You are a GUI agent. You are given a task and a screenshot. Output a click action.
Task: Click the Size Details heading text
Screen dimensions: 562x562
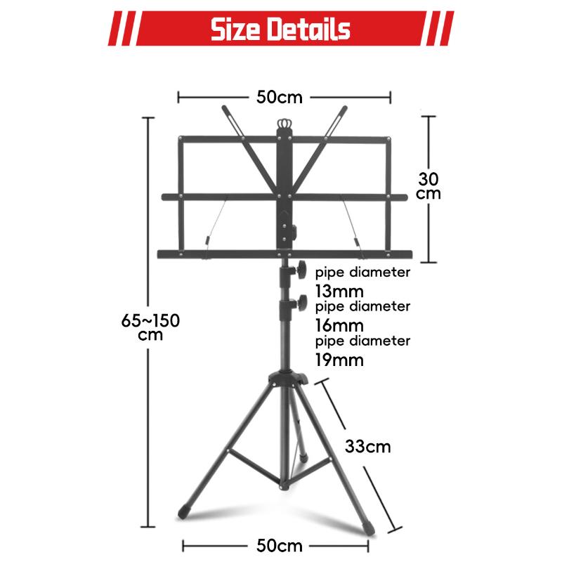point(280,29)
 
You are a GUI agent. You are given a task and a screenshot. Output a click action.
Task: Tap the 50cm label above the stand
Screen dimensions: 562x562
point(279,97)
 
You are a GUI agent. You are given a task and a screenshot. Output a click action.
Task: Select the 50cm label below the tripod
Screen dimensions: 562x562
point(279,546)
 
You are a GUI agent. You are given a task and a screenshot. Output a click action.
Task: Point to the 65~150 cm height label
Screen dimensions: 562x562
point(150,327)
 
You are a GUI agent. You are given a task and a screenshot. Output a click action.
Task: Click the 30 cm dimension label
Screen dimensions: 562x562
point(429,185)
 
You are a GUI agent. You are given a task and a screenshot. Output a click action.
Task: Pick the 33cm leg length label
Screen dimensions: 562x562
point(367,447)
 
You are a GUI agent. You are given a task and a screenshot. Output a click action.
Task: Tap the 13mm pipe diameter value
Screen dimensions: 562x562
point(339,291)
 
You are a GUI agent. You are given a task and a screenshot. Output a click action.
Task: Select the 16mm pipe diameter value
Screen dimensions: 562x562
point(339,325)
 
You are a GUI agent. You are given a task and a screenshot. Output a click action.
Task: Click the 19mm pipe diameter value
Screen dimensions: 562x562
point(339,360)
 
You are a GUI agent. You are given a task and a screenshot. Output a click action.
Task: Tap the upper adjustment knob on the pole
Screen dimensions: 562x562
point(301,270)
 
